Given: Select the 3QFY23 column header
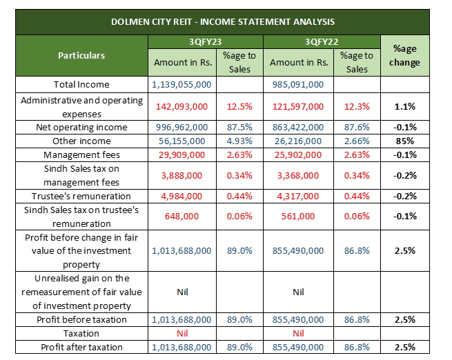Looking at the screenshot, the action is [205, 42].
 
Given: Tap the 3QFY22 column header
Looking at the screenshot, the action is [322, 42].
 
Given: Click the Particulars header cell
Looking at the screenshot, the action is [81, 56].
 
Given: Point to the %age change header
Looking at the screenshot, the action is [404, 56].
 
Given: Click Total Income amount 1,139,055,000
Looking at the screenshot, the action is [181, 84].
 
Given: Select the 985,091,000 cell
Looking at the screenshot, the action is [298, 84].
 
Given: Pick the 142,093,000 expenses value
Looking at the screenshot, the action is [181, 107].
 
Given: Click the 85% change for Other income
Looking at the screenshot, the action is [404, 141].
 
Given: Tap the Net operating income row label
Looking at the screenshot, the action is [81, 128].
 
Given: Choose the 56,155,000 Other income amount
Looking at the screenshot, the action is [181, 141].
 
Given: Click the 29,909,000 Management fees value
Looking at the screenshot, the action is [181, 155].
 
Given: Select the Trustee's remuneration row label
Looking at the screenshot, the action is [81, 196].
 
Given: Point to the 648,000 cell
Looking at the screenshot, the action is [181, 217].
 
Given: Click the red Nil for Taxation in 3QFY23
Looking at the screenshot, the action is [182, 334].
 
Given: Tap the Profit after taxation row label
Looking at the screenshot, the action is [81, 348].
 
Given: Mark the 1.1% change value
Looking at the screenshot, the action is [404, 107].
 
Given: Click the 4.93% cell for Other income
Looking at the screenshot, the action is [239, 141].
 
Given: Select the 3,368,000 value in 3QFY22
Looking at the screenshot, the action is [298, 176].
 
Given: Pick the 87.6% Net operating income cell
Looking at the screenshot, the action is [357, 128].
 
